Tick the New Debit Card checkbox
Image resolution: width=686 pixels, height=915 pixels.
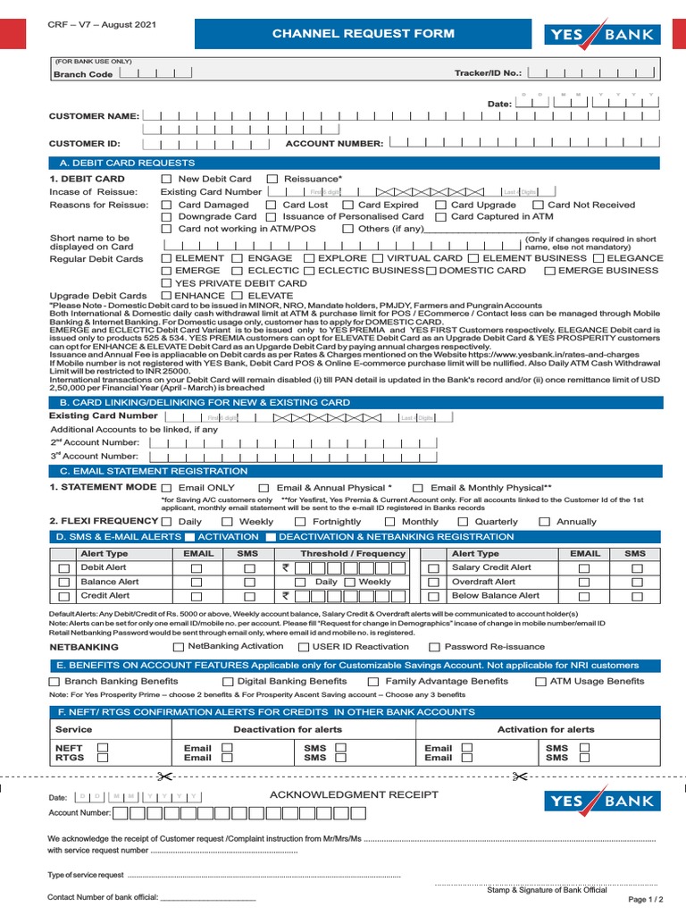pos(166,180)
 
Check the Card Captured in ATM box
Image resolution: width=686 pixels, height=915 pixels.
pos(440,217)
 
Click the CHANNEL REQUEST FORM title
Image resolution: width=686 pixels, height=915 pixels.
pos(364,34)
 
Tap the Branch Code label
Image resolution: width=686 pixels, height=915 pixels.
pos(83,75)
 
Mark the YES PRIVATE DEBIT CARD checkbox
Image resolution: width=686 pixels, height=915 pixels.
pos(166,283)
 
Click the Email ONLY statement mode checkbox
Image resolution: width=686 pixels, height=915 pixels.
pos(166,488)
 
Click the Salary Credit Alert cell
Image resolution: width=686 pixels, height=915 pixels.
pos(491,567)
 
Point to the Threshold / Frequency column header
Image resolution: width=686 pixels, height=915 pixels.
pos(353,554)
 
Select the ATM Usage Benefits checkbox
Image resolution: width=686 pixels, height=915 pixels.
pos(541,682)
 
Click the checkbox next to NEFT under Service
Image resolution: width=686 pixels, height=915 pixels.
pos(102,747)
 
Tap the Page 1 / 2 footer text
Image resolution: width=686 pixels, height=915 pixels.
pos(647,899)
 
